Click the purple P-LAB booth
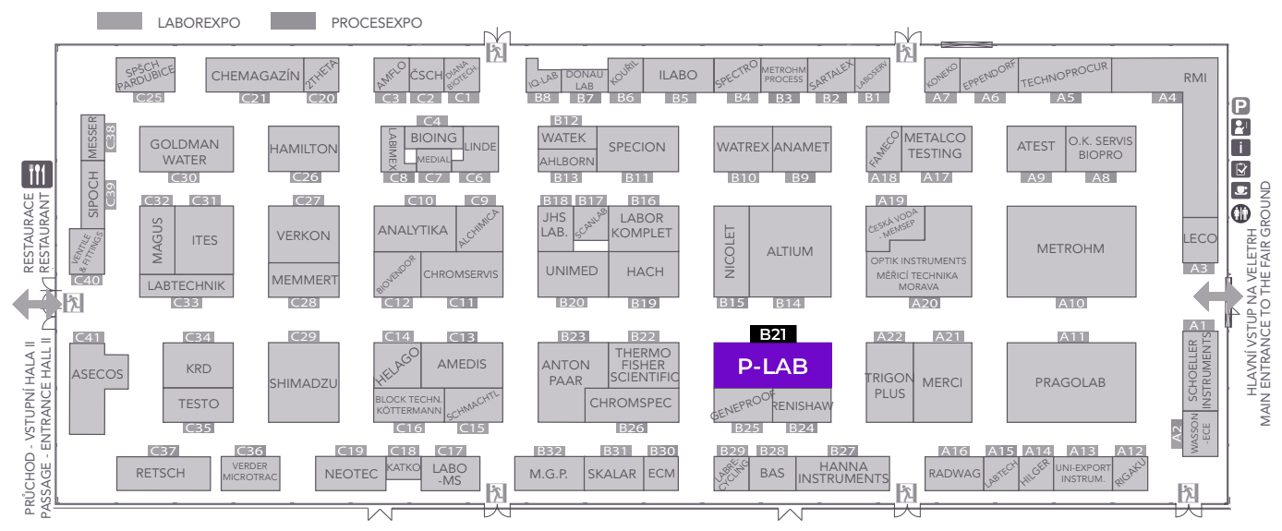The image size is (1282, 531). pyautogui.click(x=772, y=366)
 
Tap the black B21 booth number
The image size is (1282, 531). pyautogui.click(x=772, y=334)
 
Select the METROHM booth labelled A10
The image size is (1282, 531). pyautogui.click(x=1070, y=249)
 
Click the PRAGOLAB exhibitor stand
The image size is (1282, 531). pyautogui.click(x=1070, y=382)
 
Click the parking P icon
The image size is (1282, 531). pyautogui.click(x=1241, y=106)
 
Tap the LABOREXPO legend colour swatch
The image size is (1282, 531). pyautogui.click(x=119, y=21)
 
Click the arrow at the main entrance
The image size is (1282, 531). pyautogui.click(x=1215, y=296)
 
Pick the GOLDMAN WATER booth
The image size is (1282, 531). pyautogui.click(x=185, y=151)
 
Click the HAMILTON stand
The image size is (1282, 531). pyautogui.click(x=304, y=149)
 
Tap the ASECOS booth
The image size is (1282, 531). pyautogui.click(x=98, y=375)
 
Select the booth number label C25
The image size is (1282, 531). pyautogui.click(x=149, y=97)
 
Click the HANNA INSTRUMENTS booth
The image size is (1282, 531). pyautogui.click(x=842, y=473)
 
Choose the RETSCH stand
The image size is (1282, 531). pyautogui.click(x=161, y=473)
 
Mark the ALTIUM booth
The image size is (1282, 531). pyautogui.click(x=790, y=251)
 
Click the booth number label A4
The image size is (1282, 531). pyautogui.click(x=1167, y=97)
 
